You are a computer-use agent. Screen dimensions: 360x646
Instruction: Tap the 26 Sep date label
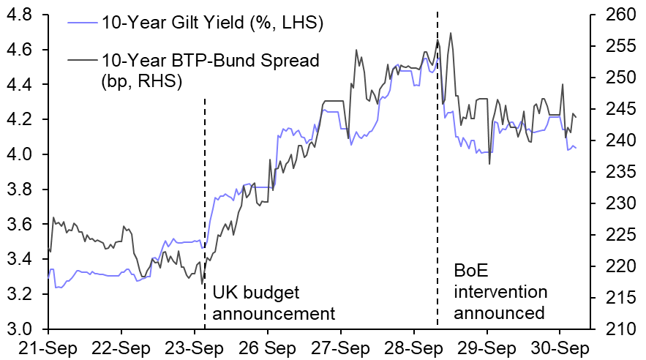pos(268,347)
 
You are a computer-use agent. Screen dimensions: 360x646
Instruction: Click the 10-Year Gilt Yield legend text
pos(213,23)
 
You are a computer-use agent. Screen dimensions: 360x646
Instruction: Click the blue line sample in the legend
pos(81,23)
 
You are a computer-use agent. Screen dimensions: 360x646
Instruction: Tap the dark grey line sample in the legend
pos(81,60)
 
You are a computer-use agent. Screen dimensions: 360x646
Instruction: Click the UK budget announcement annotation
pos(273,303)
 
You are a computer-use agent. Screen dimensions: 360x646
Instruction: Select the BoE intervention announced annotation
pos(500,292)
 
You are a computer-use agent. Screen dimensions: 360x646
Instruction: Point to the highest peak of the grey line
pos(450,33)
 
